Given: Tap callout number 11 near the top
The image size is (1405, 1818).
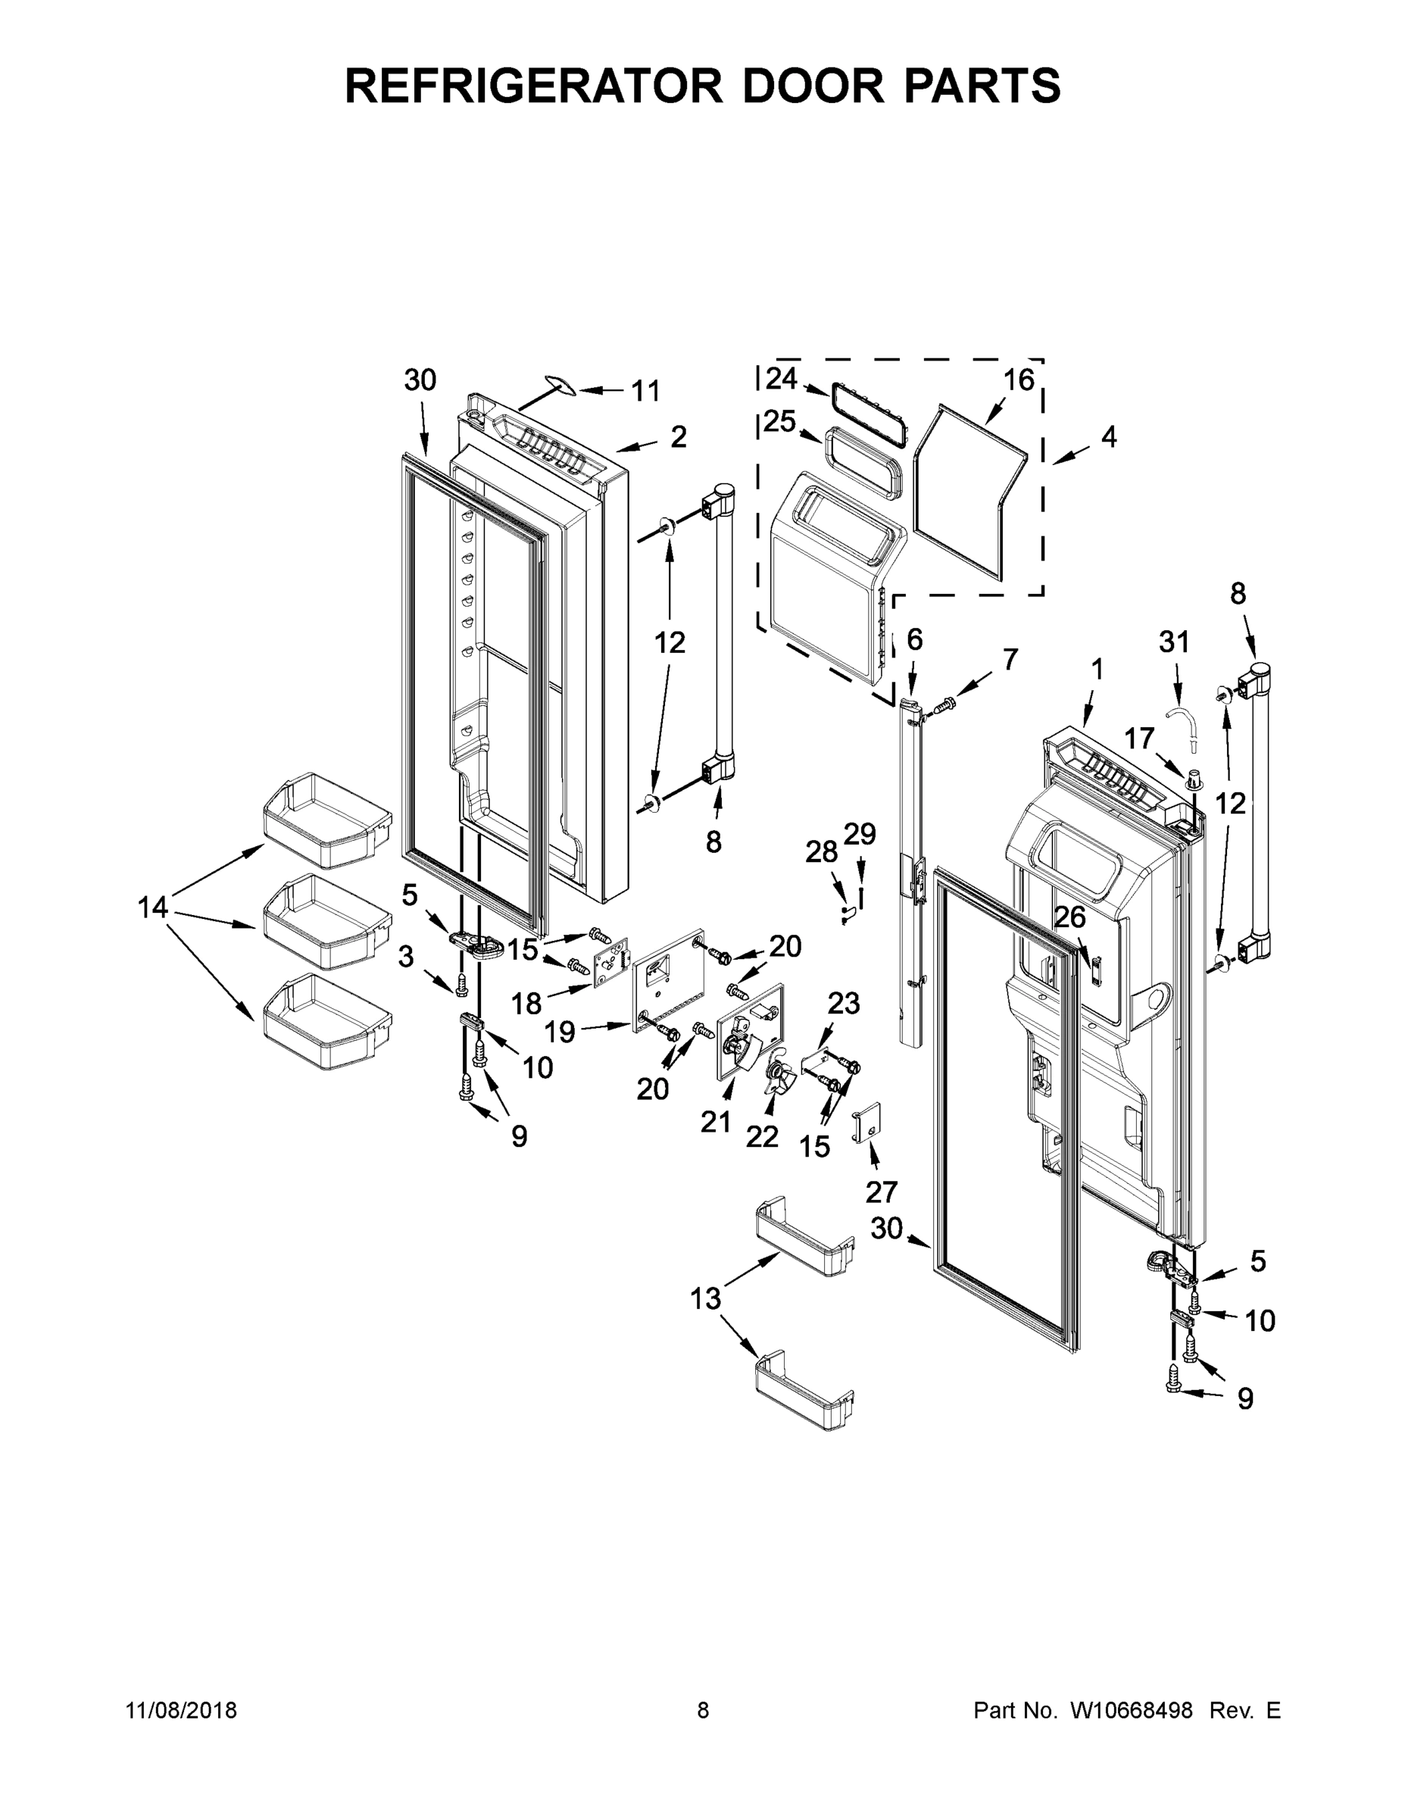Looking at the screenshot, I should pos(645,390).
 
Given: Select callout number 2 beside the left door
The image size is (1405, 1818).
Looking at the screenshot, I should pos(679,437).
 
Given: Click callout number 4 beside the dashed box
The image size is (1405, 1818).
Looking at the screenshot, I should pos(1109,437).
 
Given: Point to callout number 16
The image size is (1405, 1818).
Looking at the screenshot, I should pos(1018,380).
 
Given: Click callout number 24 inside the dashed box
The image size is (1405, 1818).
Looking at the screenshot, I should pos(782,379).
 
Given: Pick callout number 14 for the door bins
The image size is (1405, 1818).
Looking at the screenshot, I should pos(153,907).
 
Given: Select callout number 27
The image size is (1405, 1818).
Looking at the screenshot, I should pos(882,1192).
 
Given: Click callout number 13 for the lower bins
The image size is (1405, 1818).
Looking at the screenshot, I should pos(705,1298).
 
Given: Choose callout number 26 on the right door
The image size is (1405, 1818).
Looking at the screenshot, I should pos(1070,917).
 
